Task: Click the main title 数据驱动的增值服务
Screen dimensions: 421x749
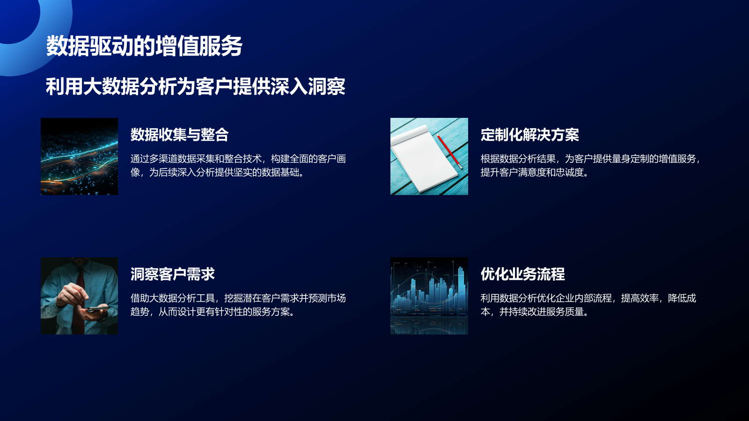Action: [x=144, y=46]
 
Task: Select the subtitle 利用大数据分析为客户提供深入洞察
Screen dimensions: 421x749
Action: [x=196, y=87]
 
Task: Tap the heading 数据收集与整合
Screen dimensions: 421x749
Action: [x=179, y=135]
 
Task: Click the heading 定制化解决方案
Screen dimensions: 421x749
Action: [x=529, y=135]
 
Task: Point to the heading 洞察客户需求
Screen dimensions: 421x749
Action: [x=172, y=274]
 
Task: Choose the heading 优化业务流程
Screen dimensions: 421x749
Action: [x=522, y=274]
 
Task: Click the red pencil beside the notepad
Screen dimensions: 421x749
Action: [x=449, y=152]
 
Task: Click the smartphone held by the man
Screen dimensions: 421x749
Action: [x=96, y=309]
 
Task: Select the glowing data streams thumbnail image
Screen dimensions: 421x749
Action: [x=79, y=156]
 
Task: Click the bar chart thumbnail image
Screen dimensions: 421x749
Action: [x=429, y=296]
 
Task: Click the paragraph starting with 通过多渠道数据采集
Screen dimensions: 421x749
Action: [x=238, y=166]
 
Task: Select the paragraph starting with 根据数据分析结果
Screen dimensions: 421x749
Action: [x=590, y=166]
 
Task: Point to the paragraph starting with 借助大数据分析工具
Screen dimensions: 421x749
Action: [x=238, y=305]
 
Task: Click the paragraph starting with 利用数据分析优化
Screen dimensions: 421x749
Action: [x=588, y=305]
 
